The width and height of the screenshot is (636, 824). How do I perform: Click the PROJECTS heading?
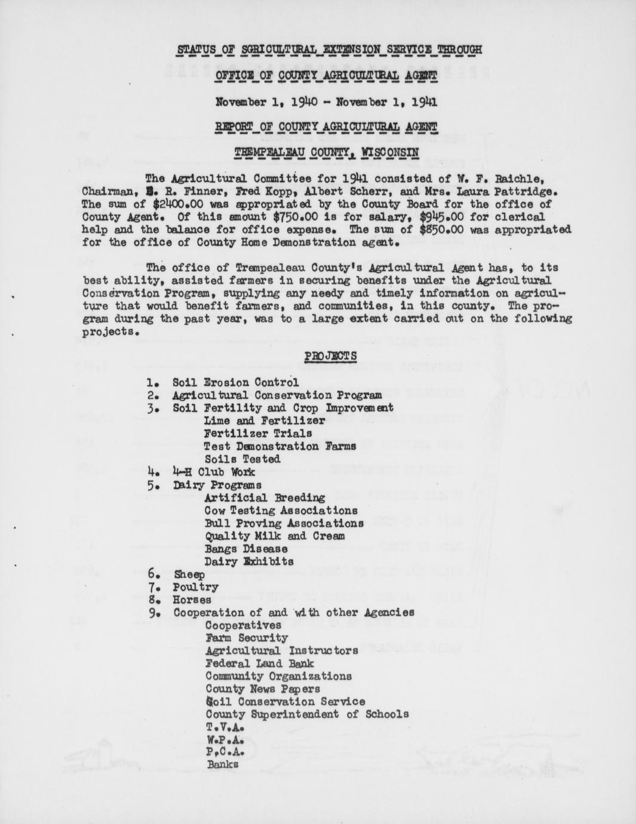331,356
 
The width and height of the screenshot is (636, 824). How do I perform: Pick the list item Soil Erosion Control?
235,382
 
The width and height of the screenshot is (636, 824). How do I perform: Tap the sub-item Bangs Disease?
245,549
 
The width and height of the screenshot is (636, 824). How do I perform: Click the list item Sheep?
189,574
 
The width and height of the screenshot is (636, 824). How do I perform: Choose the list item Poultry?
195,587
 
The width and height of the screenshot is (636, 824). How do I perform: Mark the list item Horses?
192,599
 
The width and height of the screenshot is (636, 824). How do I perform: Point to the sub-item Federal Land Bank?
259,663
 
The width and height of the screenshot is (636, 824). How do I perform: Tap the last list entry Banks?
222,765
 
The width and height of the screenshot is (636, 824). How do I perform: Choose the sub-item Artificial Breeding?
265,497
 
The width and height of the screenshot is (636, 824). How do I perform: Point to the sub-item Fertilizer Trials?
257,433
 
